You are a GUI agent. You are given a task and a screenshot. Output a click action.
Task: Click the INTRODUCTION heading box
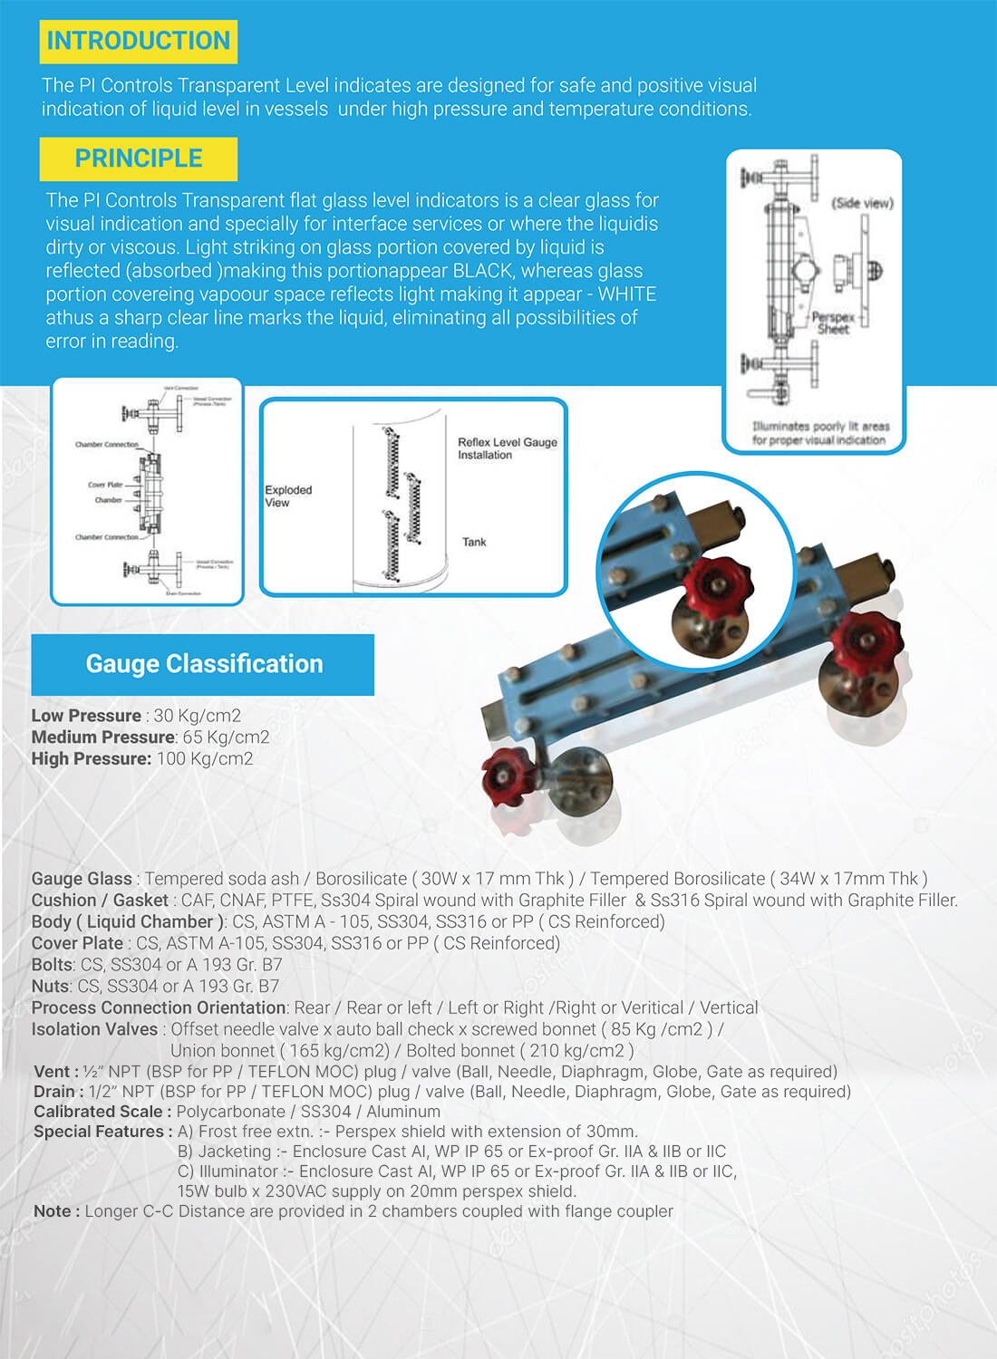tap(139, 42)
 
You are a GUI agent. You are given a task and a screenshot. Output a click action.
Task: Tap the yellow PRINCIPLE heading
tap(139, 159)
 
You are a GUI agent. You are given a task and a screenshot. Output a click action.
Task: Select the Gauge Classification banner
tap(203, 664)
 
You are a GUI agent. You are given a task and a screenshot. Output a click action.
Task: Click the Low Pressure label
tap(86, 716)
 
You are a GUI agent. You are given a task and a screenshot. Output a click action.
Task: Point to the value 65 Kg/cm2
tap(226, 737)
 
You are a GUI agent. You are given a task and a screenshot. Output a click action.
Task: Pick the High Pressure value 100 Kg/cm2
tap(205, 759)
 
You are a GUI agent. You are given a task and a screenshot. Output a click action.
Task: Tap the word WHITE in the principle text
tap(627, 294)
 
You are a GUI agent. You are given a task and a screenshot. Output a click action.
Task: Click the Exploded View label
tap(287, 496)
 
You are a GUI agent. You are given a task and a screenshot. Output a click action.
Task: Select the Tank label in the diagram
tap(474, 542)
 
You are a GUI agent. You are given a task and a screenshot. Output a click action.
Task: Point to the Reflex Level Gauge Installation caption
tap(507, 448)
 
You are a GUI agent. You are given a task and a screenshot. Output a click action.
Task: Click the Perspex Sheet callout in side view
tap(833, 323)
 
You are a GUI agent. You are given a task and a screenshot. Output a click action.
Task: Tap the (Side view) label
tap(862, 203)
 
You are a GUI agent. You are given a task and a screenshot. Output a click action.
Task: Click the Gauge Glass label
tap(82, 879)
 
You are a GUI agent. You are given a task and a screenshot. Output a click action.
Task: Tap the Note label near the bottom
tap(56, 1211)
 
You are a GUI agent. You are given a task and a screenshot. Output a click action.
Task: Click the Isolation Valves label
tap(94, 1029)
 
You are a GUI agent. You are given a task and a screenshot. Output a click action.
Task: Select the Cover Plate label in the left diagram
tap(104, 485)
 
